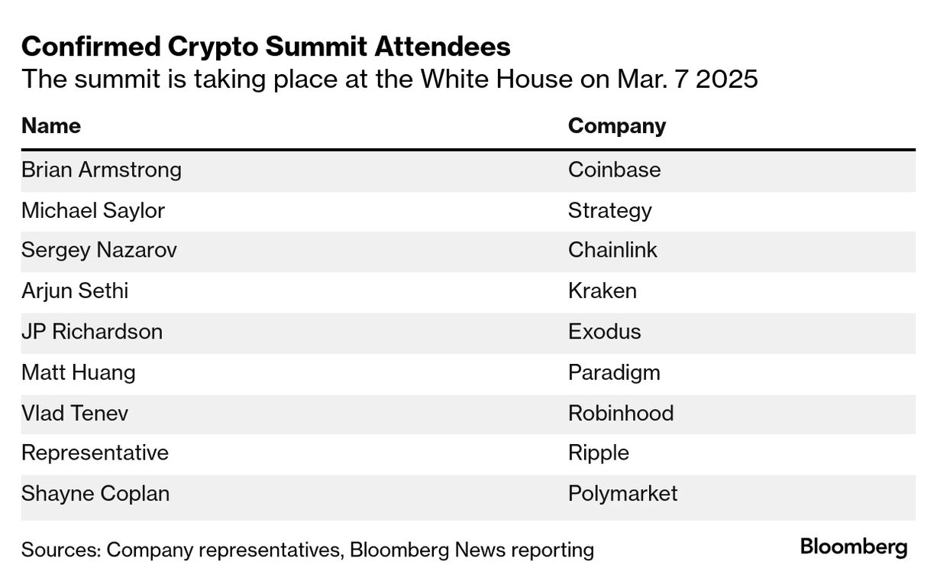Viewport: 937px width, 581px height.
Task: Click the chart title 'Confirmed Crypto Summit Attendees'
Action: (266, 47)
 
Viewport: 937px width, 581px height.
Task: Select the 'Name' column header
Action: (50, 125)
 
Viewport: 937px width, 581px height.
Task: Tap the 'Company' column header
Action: (616, 125)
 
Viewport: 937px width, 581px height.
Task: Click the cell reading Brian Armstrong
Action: (102, 169)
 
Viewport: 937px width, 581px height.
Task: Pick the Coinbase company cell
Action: (614, 169)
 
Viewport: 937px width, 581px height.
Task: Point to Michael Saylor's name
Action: (92, 210)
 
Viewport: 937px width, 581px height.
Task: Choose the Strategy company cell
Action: (609, 210)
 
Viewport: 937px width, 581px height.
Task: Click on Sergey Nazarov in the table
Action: (99, 251)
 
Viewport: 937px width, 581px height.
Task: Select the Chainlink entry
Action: (612, 250)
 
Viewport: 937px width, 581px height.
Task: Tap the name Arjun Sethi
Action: (74, 291)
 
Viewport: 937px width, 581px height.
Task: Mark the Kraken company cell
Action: (602, 291)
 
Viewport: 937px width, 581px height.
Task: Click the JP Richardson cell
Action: (92, 332)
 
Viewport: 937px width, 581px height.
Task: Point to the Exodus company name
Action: (604, 332)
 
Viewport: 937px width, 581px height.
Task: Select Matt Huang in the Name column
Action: (78, 372)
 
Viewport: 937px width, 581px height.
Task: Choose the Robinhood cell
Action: (620, 413)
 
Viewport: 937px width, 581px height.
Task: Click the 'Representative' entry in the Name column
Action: (95, 453)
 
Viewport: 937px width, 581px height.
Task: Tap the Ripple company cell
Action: (598, 453)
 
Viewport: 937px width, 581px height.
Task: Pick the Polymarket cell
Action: (622, 493)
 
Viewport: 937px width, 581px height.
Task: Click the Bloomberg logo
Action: (853, 547)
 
